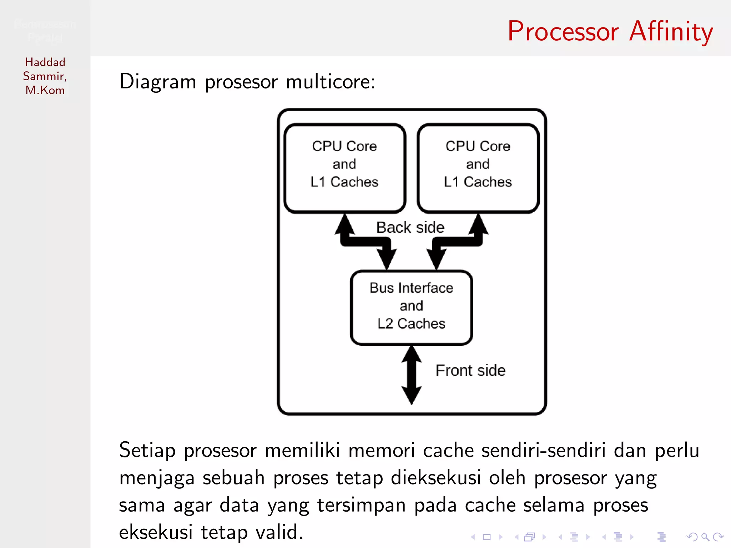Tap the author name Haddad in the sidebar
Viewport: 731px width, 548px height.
pyautogui.click(x=45, y=62)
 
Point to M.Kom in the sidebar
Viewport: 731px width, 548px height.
pyautogui.click(x=45, y=90)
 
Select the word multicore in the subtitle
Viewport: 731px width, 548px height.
pyautogui.click(x=330, y=82)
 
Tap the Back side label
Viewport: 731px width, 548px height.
pyautogui.click(x=410, y=228)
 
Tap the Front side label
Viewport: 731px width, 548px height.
pyautogui.click(x=470, y=370)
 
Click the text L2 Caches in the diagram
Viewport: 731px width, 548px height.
pyautogui.click(x=411, y=324)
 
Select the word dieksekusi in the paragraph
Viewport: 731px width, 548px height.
pyautogui.click(x=435, y=478)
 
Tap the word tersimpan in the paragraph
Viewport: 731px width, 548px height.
pyautogui.click(x=361, y=505)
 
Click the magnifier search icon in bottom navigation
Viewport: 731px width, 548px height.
pyautogui.click(x=705, y=537)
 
